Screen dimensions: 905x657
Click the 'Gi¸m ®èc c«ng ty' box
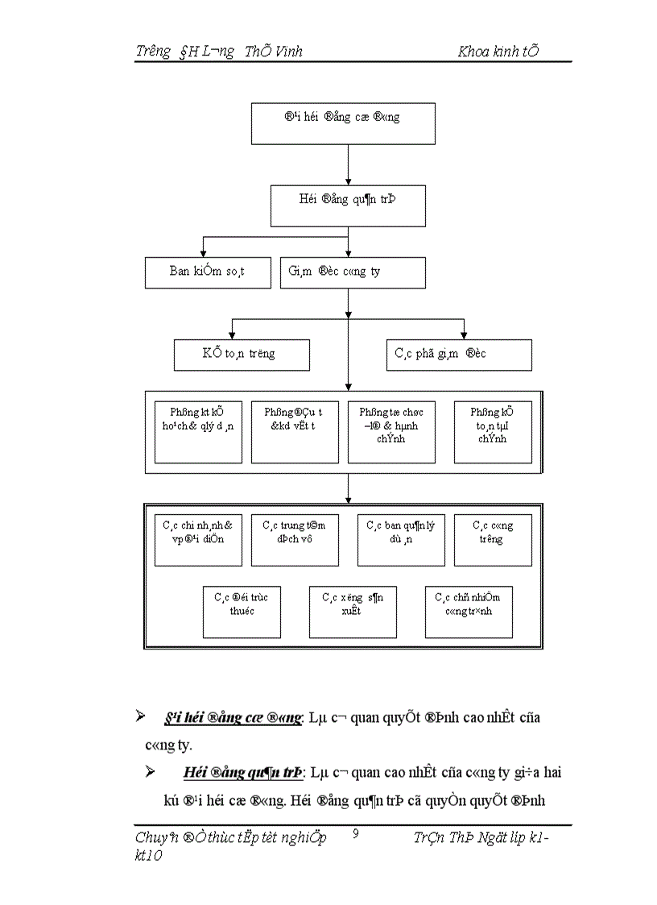353,272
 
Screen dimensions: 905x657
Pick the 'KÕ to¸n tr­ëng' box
242,355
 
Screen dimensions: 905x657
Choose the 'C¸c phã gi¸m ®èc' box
459,355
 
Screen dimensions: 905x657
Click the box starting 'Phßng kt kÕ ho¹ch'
198,432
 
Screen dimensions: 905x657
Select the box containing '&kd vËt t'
295,432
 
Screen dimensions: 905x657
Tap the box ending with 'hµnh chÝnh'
390,432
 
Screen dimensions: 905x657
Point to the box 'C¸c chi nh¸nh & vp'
198,540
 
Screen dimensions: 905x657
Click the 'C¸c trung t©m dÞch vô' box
295,540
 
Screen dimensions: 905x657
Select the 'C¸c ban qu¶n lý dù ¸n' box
401,540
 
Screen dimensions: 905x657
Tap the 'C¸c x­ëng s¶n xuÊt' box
353,612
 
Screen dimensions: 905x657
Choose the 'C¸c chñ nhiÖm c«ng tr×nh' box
469,612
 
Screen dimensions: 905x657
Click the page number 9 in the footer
356,835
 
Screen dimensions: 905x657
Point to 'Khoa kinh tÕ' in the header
498,52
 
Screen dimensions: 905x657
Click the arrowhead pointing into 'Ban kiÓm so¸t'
203,253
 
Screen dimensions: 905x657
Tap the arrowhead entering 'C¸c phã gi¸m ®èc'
463,334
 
